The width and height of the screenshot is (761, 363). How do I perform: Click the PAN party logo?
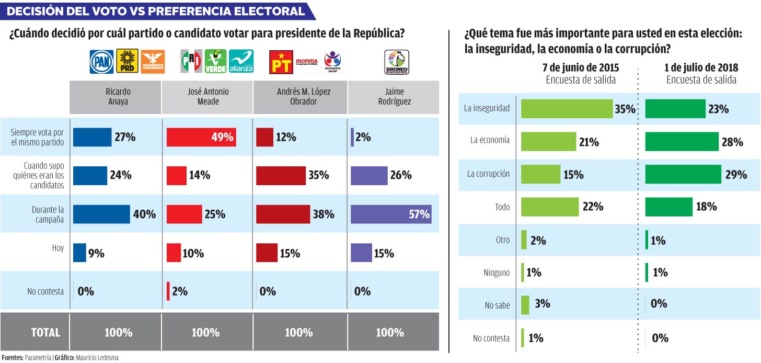tap(101, 62)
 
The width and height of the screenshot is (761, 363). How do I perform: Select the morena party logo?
tap(306, 62)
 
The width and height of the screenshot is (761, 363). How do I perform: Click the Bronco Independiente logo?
tap(397, 62)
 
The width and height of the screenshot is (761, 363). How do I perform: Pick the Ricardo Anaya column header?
tap(115, 97)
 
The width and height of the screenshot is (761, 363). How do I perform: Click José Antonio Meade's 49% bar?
tap(201, 138)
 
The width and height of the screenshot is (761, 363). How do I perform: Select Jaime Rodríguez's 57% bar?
tap(391, 214)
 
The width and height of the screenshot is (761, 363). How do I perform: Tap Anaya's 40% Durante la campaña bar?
tap(101, 214)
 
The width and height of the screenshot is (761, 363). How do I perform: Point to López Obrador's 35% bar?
tap(281, 176)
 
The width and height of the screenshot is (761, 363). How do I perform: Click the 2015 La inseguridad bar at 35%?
tap(567, 108)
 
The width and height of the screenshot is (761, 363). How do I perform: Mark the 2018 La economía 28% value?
tap(732, 142)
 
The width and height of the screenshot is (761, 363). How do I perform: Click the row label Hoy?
tap(57, 248)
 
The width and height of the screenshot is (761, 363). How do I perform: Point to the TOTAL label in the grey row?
tap(45, 332)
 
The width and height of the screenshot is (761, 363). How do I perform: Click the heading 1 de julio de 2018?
tap(701, 67)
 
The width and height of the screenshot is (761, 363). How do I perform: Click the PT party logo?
tap(281, 62)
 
